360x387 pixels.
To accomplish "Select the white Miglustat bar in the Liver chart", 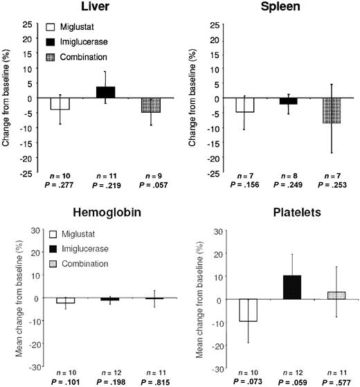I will [60, 104].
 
